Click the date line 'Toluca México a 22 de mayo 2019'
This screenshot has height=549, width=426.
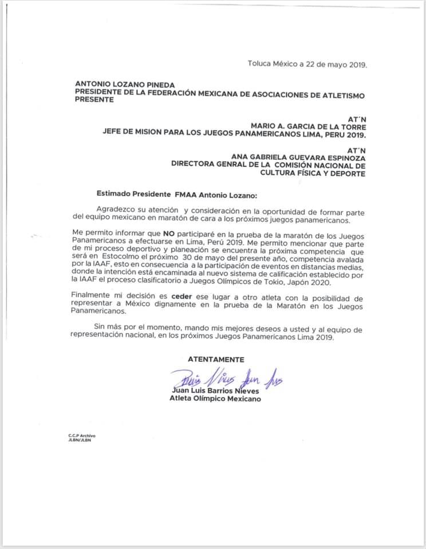pos(307,64)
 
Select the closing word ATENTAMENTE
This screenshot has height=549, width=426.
pos(216,359)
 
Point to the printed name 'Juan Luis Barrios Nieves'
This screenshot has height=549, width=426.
pos(215,391)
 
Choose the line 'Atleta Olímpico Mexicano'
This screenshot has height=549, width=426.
pos(215,399)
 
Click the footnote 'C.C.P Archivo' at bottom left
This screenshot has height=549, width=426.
pos(82,436)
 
